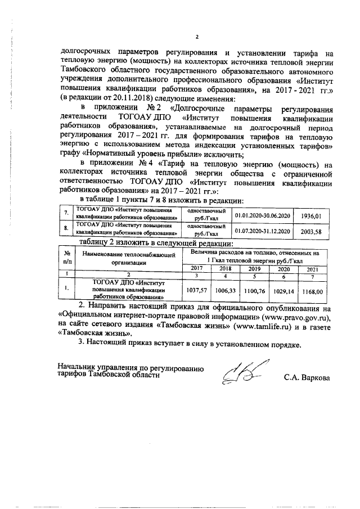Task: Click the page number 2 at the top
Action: (x=197, y=38)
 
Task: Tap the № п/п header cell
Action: (x=67, y=256)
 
